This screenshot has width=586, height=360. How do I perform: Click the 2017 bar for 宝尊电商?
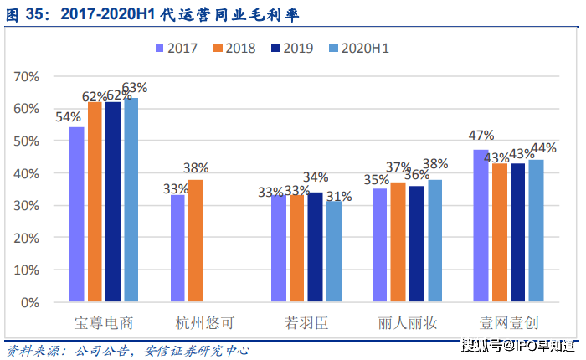pyautogui.click(x=76, y=214)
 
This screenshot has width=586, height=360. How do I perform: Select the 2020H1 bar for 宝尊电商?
pyautogui.click(x=131, y=199)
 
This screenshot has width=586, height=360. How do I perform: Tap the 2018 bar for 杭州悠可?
pyautogui.click(x=196, y=240)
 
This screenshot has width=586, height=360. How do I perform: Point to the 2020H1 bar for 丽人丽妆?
pyautogui.click(x=435, y=240)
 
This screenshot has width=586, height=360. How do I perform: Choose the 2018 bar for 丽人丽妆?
pyautogui.click(x=398, y=242)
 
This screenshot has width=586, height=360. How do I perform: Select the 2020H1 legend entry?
pyautogui.click(x=358, y=48)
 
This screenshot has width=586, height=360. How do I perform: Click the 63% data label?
pyautogui.click(x=135, y=87)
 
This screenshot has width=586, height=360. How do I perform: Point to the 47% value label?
pyautogui.click(x=481, y=136)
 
